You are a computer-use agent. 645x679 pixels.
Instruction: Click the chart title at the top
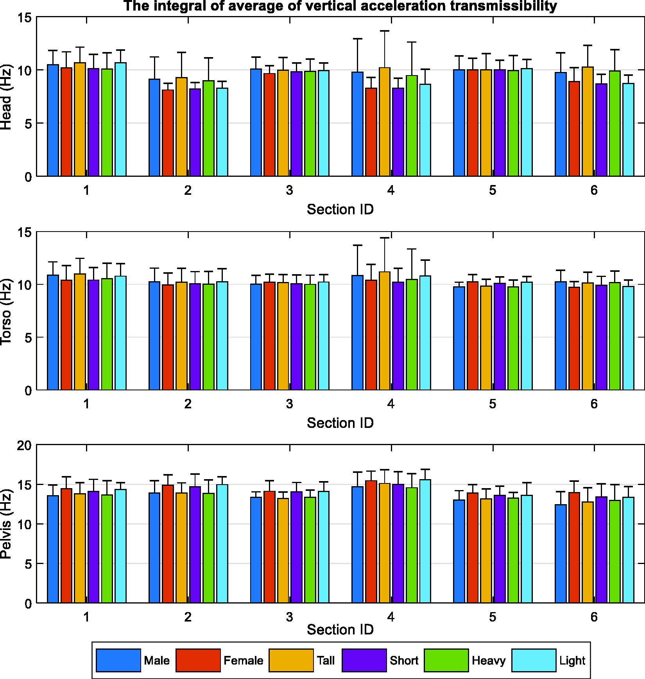coord(340,6)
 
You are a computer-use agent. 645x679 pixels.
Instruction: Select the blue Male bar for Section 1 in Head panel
coord(53,120)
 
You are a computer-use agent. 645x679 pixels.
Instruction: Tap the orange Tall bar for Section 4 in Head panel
coord(385,122)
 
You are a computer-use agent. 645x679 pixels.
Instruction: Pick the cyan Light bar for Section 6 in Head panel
coord(628,130)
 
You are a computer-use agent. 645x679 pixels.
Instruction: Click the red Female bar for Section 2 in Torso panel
coord(168,337)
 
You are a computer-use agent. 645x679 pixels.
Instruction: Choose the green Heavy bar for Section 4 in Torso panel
coord(412,334)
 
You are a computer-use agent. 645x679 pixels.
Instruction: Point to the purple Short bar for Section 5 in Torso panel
coord(500,336)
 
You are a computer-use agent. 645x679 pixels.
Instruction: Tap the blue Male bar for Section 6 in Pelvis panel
coord(561,554)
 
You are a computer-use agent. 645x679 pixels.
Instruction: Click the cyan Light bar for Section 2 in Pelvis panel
coord(222,544)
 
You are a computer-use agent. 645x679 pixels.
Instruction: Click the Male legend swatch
coord(118,660)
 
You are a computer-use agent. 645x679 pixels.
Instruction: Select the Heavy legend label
coord(489,661)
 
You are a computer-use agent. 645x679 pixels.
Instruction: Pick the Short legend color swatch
coord(364,660)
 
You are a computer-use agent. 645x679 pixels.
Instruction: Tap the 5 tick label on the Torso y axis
coord(28,338)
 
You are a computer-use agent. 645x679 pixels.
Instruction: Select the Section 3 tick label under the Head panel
coord(289,190)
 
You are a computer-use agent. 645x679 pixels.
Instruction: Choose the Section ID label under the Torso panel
coord(340,423)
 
